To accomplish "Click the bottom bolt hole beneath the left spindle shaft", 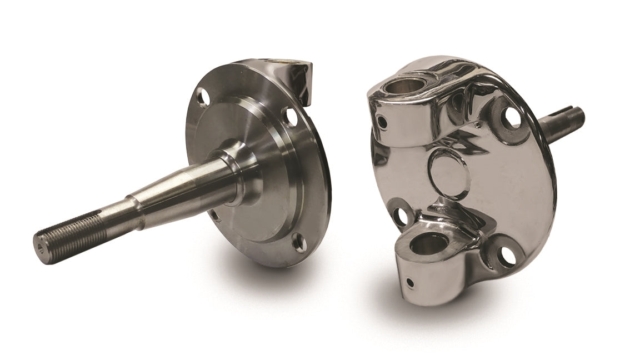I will [x=214, y=212].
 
